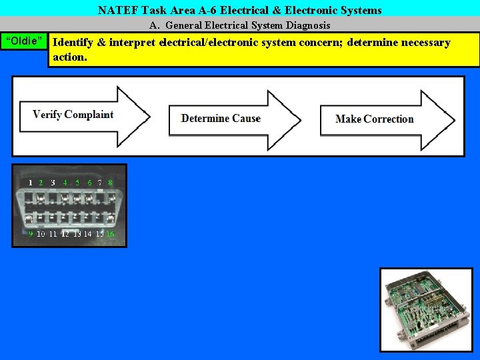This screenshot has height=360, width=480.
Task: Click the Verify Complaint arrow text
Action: [x=73, y=115]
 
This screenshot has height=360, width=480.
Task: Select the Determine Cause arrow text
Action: [x=221, y=119]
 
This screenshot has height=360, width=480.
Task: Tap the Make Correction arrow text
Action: [x=374, y=119]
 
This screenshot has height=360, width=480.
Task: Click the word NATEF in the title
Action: [x=118, y=10]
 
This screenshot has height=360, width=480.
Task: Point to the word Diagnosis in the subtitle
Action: [x=305, y=25]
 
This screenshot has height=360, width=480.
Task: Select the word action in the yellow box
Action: [x=68, y=57]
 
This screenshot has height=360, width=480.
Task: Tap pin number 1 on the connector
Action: [x=30, y=182]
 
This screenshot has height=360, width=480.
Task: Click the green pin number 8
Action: [x=110, y=182]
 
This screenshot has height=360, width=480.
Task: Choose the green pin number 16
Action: [x=110, y=234]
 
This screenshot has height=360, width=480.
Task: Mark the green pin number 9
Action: [x=31, y=234]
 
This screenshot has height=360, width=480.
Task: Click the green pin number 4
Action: [x=65, y=182]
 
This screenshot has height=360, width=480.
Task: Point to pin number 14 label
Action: [x=87, y=234]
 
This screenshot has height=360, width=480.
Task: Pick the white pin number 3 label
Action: [x=53, y=182]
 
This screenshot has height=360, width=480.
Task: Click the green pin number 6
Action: [x=89, y=182]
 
